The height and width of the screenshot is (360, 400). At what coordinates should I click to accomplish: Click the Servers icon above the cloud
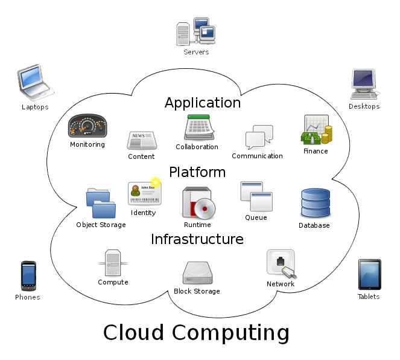pyautogui.click(x=196, y=31)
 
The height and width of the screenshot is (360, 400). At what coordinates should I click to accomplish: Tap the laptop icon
pyautogui.click(x=35, y=82)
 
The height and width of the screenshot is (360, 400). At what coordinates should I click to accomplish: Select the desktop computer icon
pyautogui.click(x=364, y=84)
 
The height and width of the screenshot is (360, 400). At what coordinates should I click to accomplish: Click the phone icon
pyautogui.click(x=28, y=276)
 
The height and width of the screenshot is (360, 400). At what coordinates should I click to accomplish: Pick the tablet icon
pyautogui.click(x=370, y=275)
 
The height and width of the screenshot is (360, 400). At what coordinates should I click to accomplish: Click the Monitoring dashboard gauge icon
pyautogui.click(x=87, y=126)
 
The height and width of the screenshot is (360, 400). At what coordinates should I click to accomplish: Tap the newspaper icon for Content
pyautogui.click(x=142, y=140)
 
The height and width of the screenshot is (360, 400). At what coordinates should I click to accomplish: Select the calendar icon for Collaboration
pyautogui.click(x=199, y=127)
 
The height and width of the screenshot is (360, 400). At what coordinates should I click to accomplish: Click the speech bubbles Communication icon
pyautogui.click(x=259, y=137)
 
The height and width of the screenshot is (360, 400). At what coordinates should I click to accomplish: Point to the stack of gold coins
pyautogui.click(x=327, y=135)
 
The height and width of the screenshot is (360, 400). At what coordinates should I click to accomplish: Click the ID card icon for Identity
pyautogui.click(x=145, y=193)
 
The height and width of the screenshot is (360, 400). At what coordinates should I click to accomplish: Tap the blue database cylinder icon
pyautogui.click(x=316, y=203)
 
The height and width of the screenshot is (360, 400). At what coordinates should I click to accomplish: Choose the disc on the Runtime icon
pyautogui.click(x=205, y=208)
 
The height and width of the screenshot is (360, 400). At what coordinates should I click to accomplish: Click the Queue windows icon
pyautogui.click(x=256, y=196)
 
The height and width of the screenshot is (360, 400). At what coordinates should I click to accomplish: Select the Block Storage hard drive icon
pyautogui.click(x=198, y=272)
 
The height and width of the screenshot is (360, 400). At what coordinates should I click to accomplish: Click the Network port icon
pyautogui.click(x=281, y=264)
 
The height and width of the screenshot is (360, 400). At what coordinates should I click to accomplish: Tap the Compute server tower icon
pyautogui.click(x=113, y=263)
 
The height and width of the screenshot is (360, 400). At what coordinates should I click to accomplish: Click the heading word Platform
pyautogui.click(x=197, y=172)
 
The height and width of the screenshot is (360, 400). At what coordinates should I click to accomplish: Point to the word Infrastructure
pyautogui.click(x=197, y=239)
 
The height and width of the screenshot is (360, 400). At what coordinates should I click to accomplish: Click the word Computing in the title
pyautogui.click(x=231, y=333)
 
